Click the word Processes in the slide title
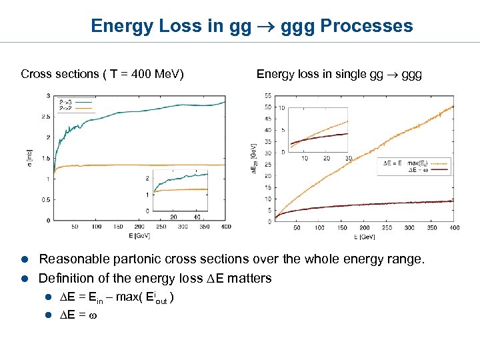tap(367, 26)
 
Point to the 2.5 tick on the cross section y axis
tap(46, 117)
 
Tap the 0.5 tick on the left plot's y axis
tap(46, 199)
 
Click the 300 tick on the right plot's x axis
tap(409, 228)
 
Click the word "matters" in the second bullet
tap(250, 277)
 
